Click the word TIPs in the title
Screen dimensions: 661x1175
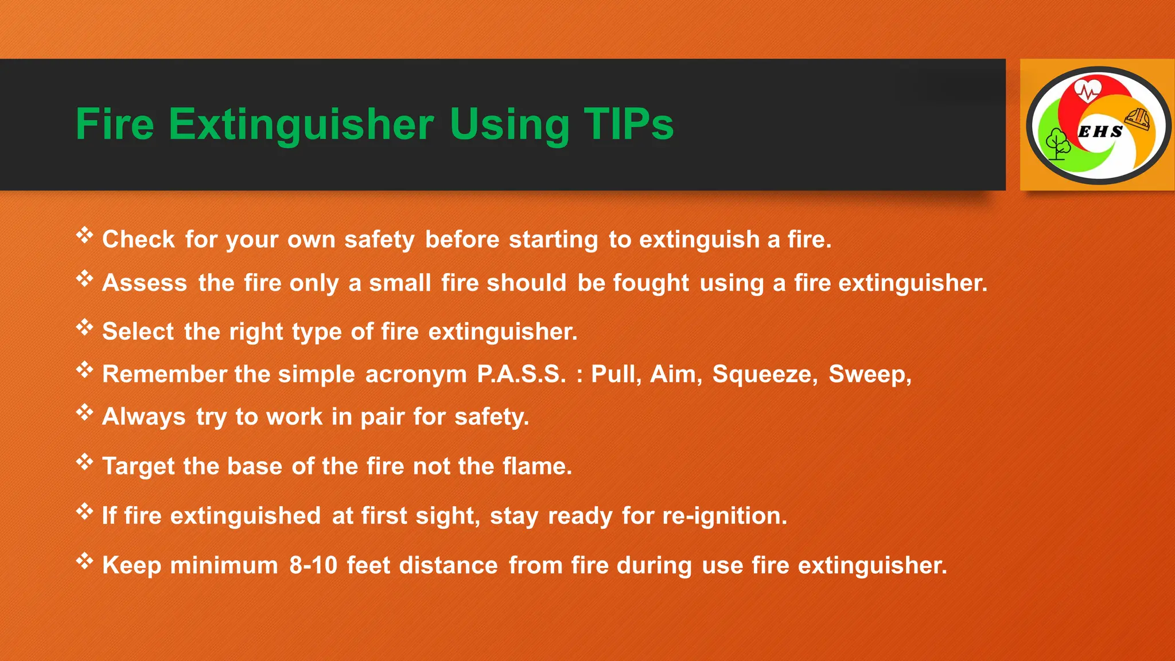(628, 124)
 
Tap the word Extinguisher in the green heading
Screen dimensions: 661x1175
(301, 124)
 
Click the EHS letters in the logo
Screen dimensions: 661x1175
(1100, 131)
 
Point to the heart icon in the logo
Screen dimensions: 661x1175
(1087, 91)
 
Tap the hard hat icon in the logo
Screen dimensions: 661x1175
(1138, 119)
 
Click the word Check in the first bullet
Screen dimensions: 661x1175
(138, 239)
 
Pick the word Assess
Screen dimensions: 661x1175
(145, 283)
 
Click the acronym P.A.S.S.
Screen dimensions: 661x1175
(521, 374)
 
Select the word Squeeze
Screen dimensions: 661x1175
(765, 374)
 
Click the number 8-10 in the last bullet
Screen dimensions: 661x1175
(313, 565)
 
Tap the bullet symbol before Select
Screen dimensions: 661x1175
(85, 328)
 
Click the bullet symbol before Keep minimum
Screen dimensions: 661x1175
(85, 561)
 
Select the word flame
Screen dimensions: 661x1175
(537, 466)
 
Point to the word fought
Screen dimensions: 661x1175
(651, 283)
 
